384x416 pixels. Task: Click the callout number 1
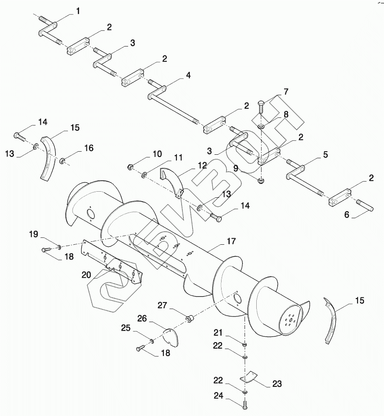pos(78,11)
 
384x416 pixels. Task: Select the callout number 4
pos(188,75)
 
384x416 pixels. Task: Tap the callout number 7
pos(286,92)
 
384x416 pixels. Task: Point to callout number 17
pos(231,241)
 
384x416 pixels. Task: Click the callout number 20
pos(86,275)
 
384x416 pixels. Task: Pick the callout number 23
pos(277,384)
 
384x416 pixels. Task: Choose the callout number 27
pos(162,305)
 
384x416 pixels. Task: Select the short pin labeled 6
pos(365,206)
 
